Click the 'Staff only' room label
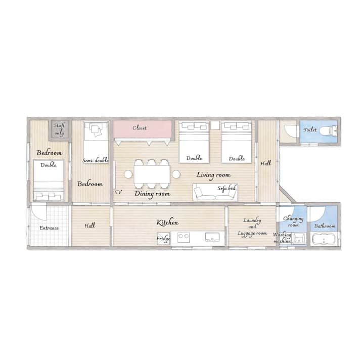pos(59,129)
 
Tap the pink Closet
pos(142,129)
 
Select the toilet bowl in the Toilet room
pos(328,131)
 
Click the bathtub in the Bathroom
pos(324,239)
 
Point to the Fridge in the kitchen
pos(163,238)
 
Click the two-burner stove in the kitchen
pos(184,238)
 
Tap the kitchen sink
pos(212,237)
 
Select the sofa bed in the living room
pos(215,192)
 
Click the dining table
pos(152,174)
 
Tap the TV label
pos(118,192)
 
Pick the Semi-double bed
pos(96,142)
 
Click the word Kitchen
pos(167,222)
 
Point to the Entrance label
pos(49,228)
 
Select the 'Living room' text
pos(213,175)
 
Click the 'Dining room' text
pos(152,194)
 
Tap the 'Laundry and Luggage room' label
pos(252,227)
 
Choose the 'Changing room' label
pos(293,221)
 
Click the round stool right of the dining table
pos(176,174)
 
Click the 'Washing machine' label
pos(282,238)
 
